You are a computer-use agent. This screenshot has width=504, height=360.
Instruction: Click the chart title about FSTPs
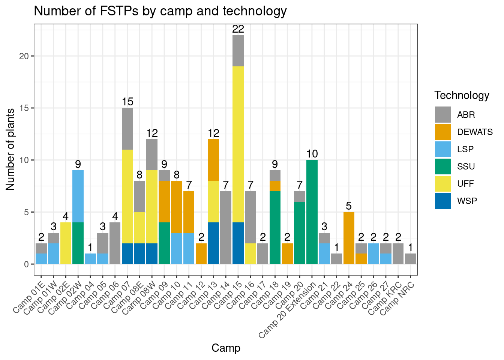click(160, 11)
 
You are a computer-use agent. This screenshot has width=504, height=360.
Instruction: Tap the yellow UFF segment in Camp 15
click(238, 144)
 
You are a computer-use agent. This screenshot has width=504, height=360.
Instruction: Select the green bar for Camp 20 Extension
click(312, 212)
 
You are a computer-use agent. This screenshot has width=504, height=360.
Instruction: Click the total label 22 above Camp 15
click(238, 29)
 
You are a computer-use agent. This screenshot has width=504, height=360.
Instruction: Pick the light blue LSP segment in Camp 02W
click(78, 196)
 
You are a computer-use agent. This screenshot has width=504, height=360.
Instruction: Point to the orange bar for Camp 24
click(349, 238)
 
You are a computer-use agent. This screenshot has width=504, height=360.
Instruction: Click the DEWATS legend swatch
click(442, 132)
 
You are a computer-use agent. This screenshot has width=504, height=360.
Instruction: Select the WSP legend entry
click(466, 201)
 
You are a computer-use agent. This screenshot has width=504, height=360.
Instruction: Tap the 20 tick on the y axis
click(24, 56)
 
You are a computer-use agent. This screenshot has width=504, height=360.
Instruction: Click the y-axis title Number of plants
click(10, 149)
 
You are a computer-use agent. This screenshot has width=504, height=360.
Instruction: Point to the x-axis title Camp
click(226, 348)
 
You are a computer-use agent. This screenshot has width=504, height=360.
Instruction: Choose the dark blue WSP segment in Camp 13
click(213, 243)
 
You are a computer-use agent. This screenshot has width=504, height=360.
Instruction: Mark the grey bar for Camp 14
click(226, 228)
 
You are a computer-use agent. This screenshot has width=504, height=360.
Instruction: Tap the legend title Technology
click(462, 95)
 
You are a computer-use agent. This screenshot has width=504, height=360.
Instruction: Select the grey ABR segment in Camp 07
click(127, 129)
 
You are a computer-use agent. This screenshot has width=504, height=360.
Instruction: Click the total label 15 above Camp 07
click(127, 102)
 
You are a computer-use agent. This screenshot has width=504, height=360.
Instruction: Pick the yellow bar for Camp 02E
click(66, 243)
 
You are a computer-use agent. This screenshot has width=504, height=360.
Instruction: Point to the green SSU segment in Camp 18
click(275, 228)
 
